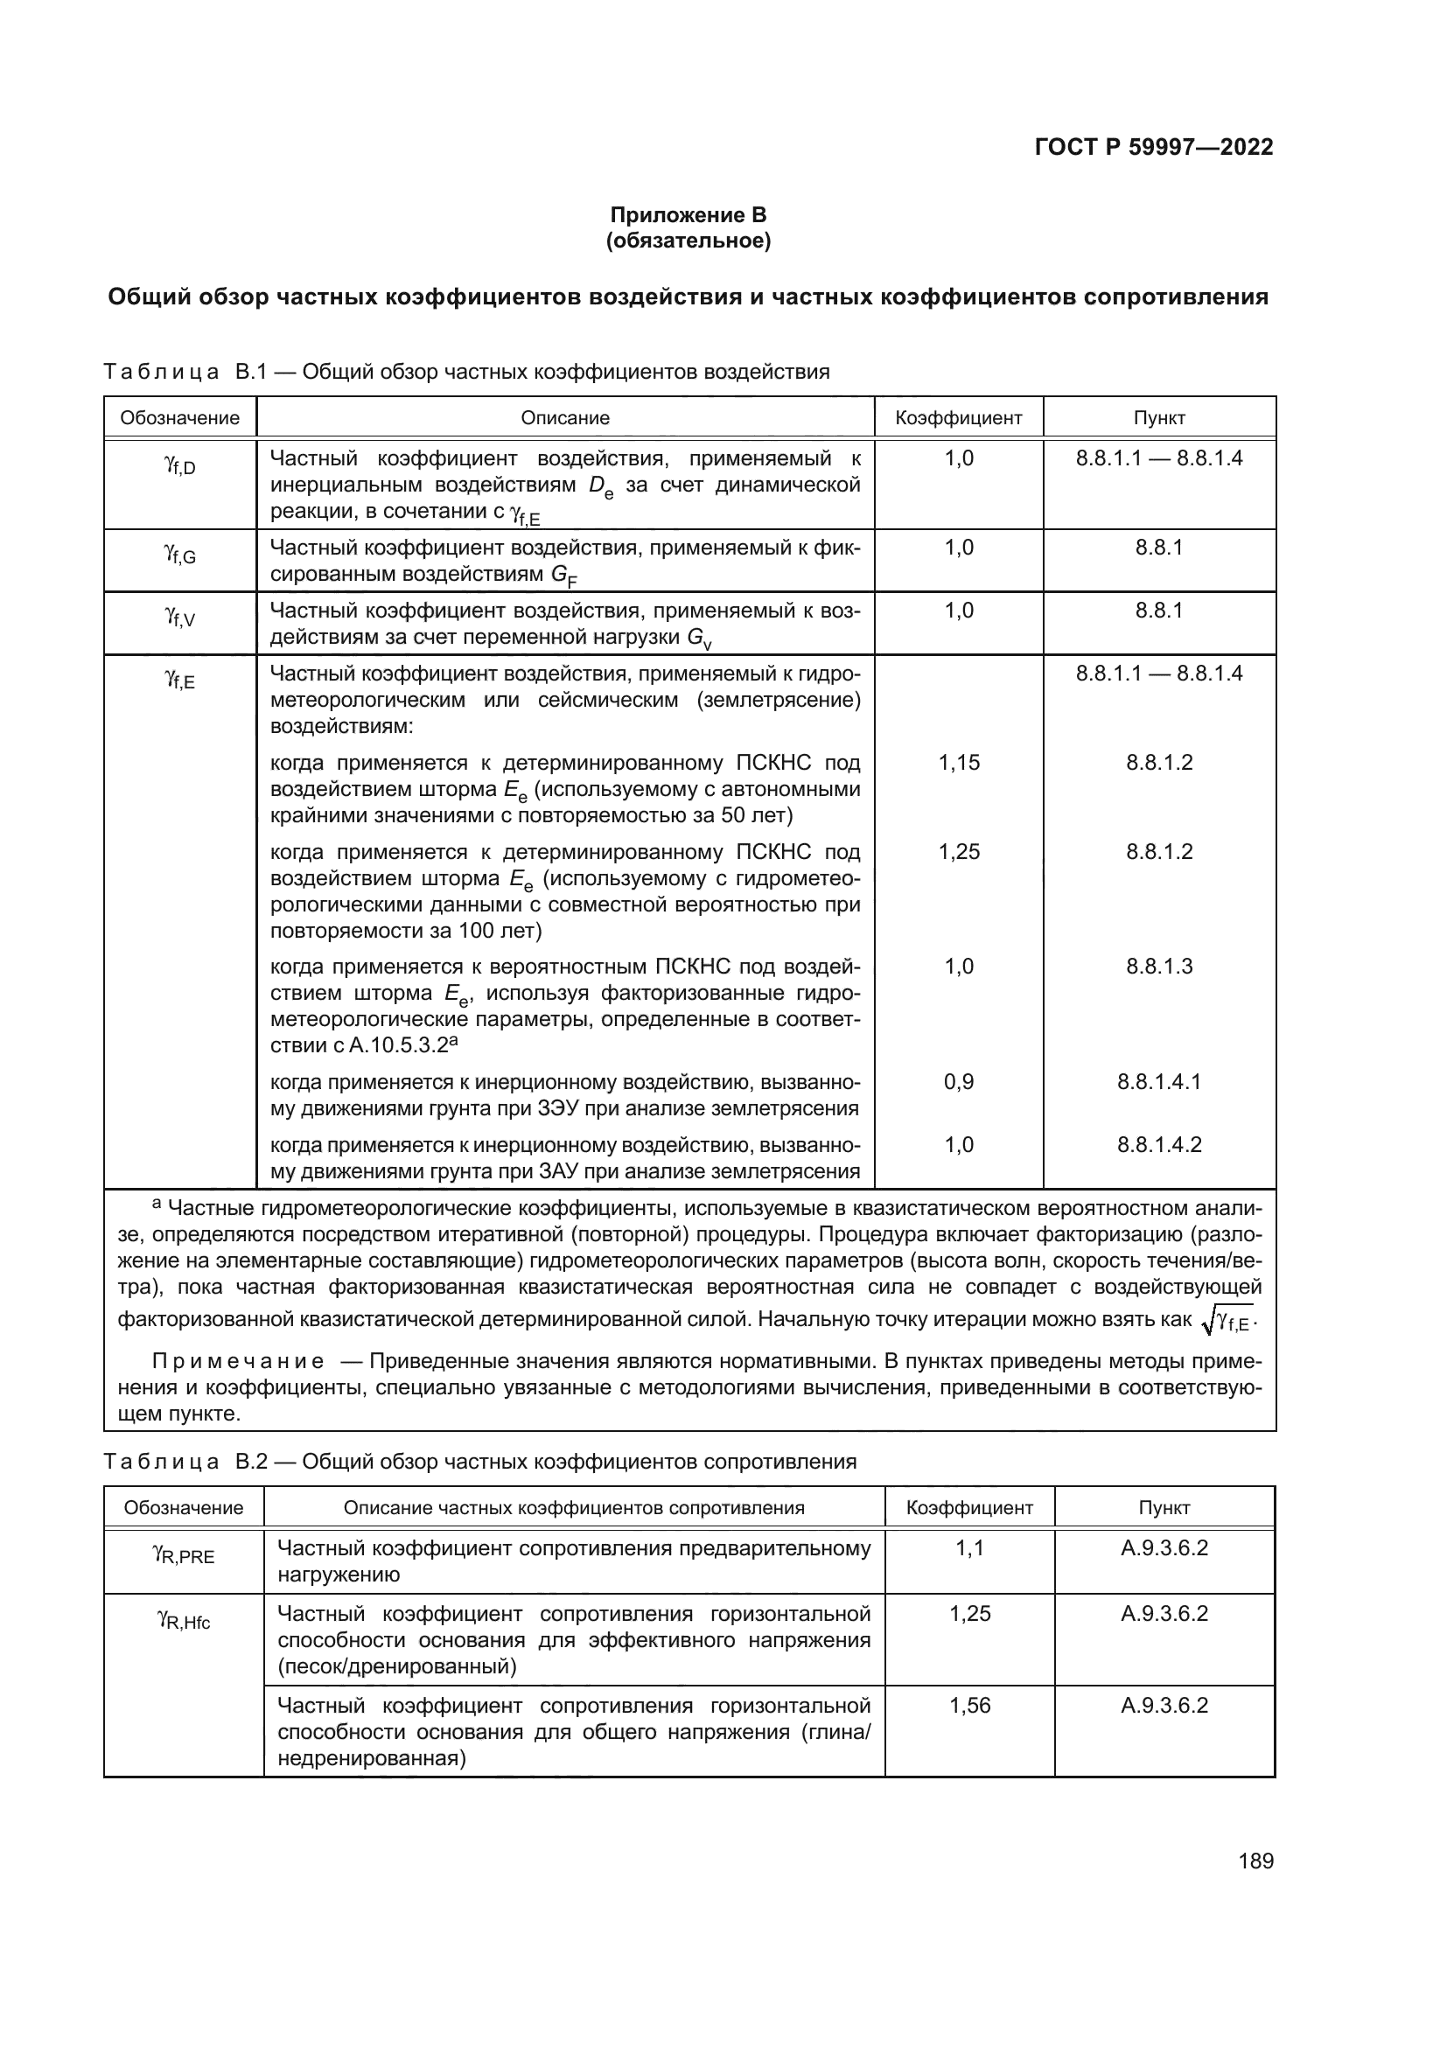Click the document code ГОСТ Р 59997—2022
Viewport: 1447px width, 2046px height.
click(1154, 147)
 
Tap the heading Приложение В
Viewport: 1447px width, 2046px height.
click(688, 215)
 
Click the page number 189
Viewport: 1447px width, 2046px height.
click(1255, 1861)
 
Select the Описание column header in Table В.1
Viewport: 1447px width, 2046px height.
click(565, 418)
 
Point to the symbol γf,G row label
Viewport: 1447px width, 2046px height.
click(180, 555)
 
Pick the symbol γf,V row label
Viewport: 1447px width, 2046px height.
click(180, 617)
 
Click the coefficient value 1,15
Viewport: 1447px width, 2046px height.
click(959, 762)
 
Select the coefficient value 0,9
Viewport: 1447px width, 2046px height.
click(959, 1082)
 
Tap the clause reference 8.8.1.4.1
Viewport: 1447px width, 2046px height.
click(1159, 1082)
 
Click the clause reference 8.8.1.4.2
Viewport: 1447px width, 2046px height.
click(1159, 1144)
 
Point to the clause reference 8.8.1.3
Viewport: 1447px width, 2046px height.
click(1159, 967)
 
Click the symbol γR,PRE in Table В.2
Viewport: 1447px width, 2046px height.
click(184, 1556)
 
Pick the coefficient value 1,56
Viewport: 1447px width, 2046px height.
click(969, 1705)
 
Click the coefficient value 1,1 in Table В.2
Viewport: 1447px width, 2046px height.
click(969, 1548)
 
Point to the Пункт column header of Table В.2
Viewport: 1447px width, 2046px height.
click(1164, 1508)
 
